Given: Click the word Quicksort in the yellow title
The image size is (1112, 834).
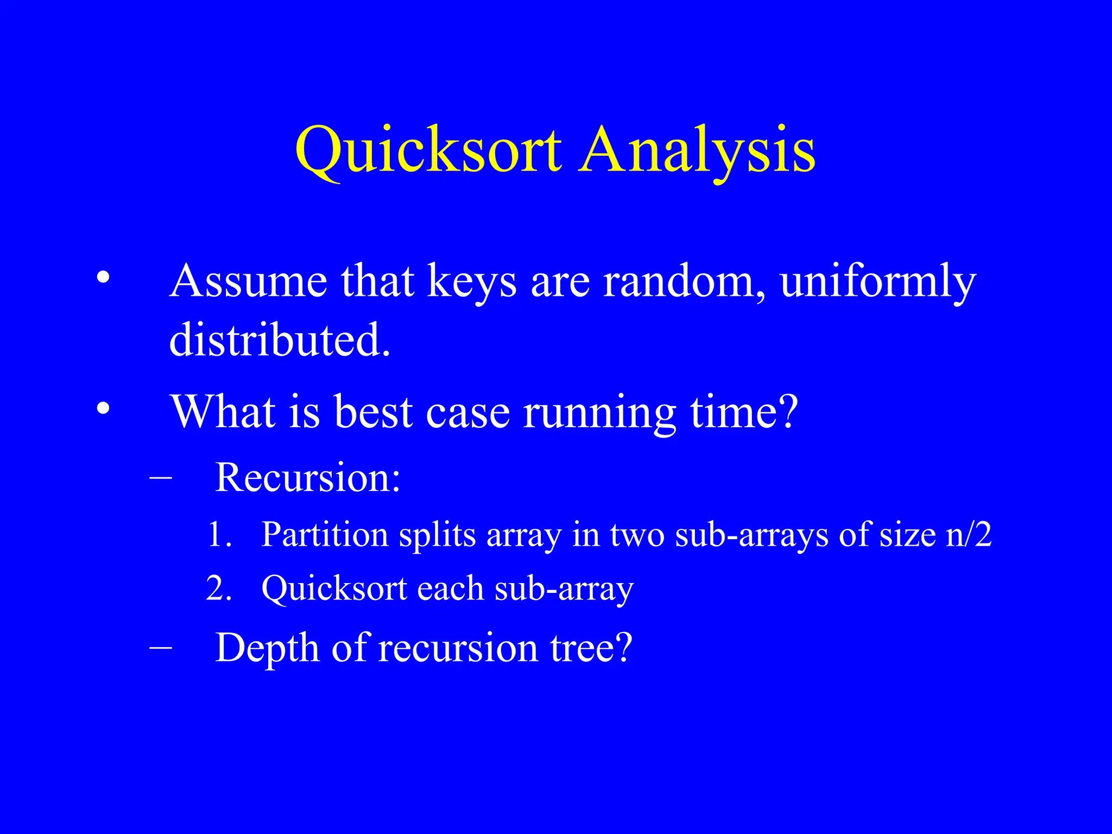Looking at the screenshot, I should tap(428, 149).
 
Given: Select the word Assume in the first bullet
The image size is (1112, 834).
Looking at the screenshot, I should tap(248, 281).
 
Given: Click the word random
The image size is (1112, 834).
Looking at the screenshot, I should tap(684, 281).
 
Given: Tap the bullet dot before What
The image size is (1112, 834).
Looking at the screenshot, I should tap(103, 408).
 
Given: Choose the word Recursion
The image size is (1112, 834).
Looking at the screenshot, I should tap(307, 478).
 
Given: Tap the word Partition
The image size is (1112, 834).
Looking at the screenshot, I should tap(325, 535).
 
